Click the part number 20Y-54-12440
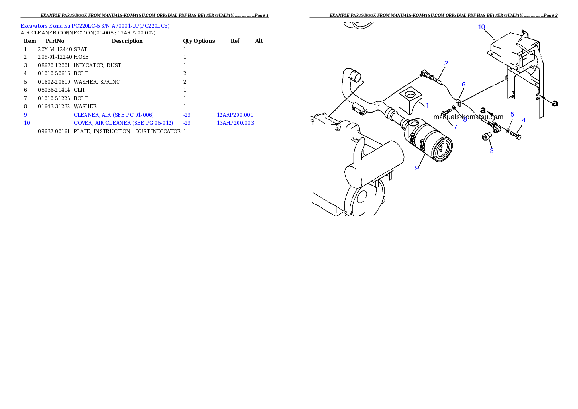tap(55, 49)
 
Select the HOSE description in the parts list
tap(81, 57)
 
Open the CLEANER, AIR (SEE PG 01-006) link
tap(114, 115)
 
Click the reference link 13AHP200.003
tap(235, 123)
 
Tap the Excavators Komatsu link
tap(45, 26)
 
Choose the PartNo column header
tap(55, 41)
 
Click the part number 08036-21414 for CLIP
tap(54, 90)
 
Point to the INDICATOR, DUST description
tap(97, 65)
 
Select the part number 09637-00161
tap(54, 131)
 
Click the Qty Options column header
tap(199, 41)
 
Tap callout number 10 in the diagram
tap(482, 27)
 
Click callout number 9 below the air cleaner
tap(417, 168)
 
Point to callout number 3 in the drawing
tap(492, 151)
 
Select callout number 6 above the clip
tap(464, 85)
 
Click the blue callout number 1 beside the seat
tap(427, 106)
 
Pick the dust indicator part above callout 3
tap(487, 137)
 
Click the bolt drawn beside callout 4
tap(516, 135)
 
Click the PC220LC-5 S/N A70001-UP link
tap(120, 26)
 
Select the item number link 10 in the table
tap(27, 123)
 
